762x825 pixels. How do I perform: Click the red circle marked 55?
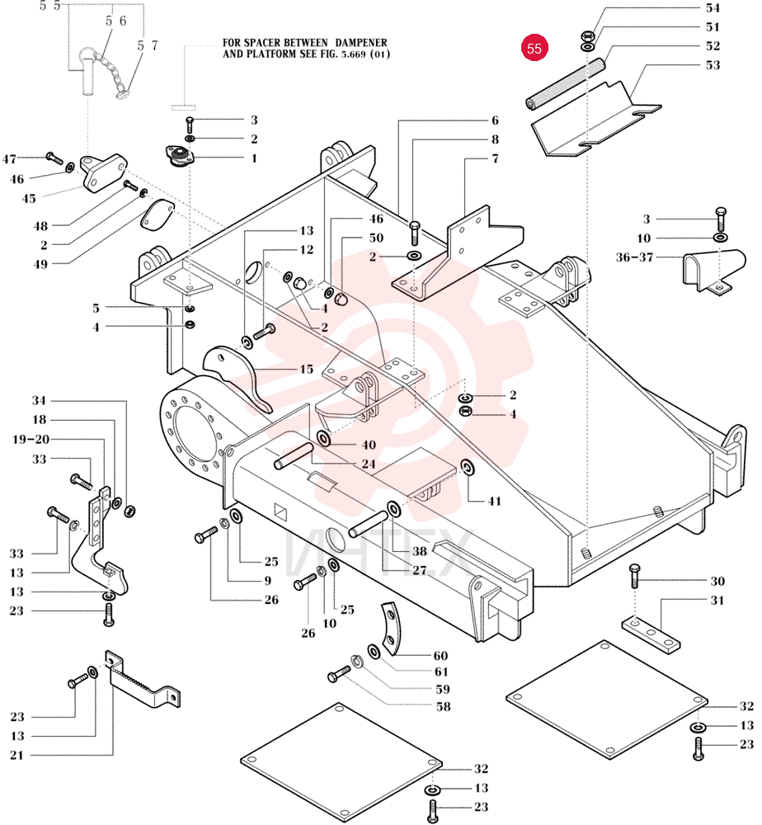(x=534, y=48)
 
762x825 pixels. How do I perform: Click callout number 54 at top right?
(x=713, y=8)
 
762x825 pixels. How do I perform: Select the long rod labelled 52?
(x=566, y=83)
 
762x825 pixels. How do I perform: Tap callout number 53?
(x=713, y=65)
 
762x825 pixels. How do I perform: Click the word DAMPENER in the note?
(x=360, y=43)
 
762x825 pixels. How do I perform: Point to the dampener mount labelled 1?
(x=180, y=156)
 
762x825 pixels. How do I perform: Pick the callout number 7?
(x=495, y=158)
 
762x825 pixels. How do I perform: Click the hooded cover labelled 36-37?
(x=714, y=271)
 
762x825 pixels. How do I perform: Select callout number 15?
(x=307, y=370)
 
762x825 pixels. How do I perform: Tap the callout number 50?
(x=376, y=238)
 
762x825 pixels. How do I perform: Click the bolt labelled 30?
(x=635, y=576)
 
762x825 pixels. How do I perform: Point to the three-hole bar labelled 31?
(x=651, y=635)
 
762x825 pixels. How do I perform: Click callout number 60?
(x=440, y=656)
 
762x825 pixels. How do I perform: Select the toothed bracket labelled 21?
(x=142, y=682)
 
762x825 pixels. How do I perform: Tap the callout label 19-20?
(x=31, y=440)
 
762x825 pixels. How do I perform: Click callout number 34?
(x=39, y=400)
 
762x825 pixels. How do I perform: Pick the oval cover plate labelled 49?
(x=157, y=214)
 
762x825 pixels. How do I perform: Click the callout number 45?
(x=29, y=198)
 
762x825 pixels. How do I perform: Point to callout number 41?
(x=494, y=501)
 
